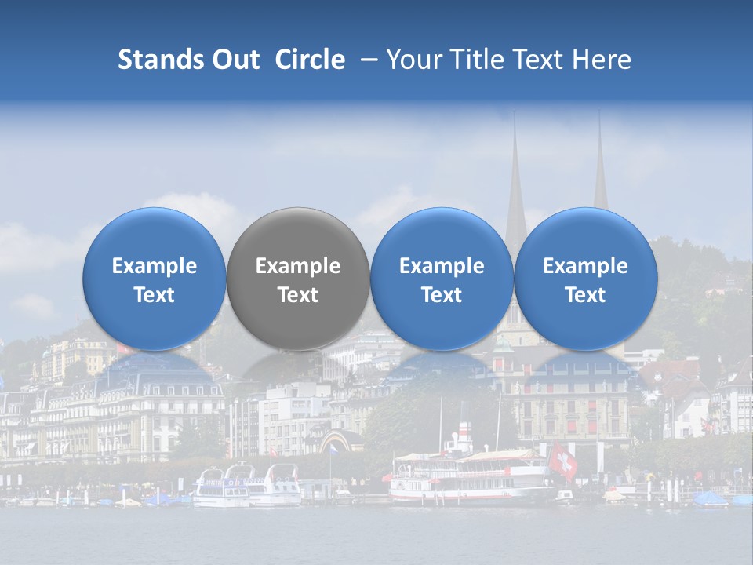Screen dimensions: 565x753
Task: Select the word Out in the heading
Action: pyautogui.click(x=236, y=60)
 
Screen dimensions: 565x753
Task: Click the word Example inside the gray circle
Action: pyautogui.click(x=298, y=266)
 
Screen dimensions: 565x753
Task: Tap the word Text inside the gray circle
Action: pyautogui.click(x=298, y=295)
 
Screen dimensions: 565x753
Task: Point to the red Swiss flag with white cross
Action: pyautogui.click(x=562, y=461)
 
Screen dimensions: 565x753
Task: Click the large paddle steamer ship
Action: pyautogui.click(x=471, y=477)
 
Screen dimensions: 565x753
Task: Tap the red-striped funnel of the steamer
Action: pyautogui.click(x=464, y=436)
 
